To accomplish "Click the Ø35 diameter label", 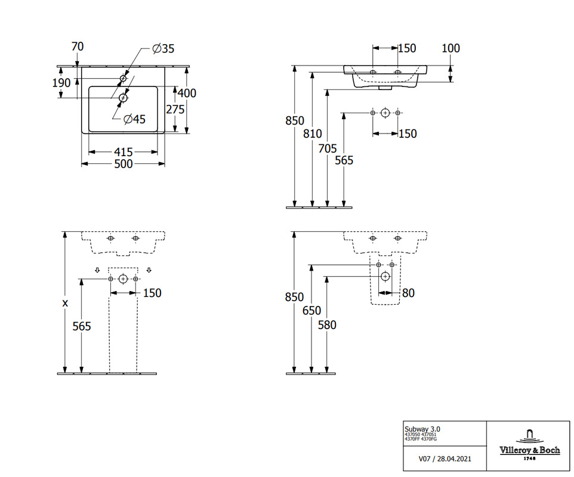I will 163,48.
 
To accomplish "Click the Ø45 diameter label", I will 134,119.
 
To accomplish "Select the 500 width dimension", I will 123,164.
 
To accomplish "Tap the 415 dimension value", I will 123,152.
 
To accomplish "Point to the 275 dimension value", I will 174,109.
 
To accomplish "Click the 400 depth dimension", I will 187,93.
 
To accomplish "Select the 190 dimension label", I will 61,83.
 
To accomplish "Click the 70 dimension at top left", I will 77,47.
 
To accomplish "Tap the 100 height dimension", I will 450,48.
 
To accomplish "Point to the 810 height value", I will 312,134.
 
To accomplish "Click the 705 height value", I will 328,148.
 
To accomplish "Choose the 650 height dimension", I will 311,311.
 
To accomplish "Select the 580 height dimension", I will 327,325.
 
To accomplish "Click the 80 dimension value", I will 408,293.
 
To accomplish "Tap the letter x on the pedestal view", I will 65,303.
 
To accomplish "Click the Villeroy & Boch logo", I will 529,444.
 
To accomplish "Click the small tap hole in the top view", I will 124,78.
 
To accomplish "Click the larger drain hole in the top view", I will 124,97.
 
